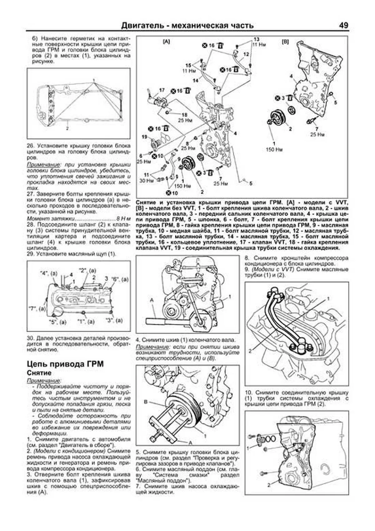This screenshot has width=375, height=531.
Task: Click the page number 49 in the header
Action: point(343,25)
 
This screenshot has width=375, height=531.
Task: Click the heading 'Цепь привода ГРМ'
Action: point(65,364)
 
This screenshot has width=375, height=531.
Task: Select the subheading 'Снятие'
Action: point(39,373)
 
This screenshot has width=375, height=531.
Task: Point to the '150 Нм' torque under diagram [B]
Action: point(275,150)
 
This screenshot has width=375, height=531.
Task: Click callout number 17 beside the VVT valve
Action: point(162,90)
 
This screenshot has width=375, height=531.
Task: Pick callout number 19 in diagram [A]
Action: point(144,137)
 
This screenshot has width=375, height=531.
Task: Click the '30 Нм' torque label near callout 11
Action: point(145,181)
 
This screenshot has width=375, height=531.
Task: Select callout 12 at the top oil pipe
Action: point(246,54)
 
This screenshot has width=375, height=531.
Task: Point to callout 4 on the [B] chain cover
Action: point(291,76)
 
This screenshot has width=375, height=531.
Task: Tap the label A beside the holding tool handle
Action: point(152,300)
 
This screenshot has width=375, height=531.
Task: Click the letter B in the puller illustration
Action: point(146,401)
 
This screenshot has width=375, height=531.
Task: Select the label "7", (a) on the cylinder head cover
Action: point(37,309)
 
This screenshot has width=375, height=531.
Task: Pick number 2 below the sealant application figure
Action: point(67,128)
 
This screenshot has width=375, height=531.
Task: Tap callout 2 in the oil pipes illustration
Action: point(250,351)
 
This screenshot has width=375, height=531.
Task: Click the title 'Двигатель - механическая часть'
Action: point(187,25)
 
